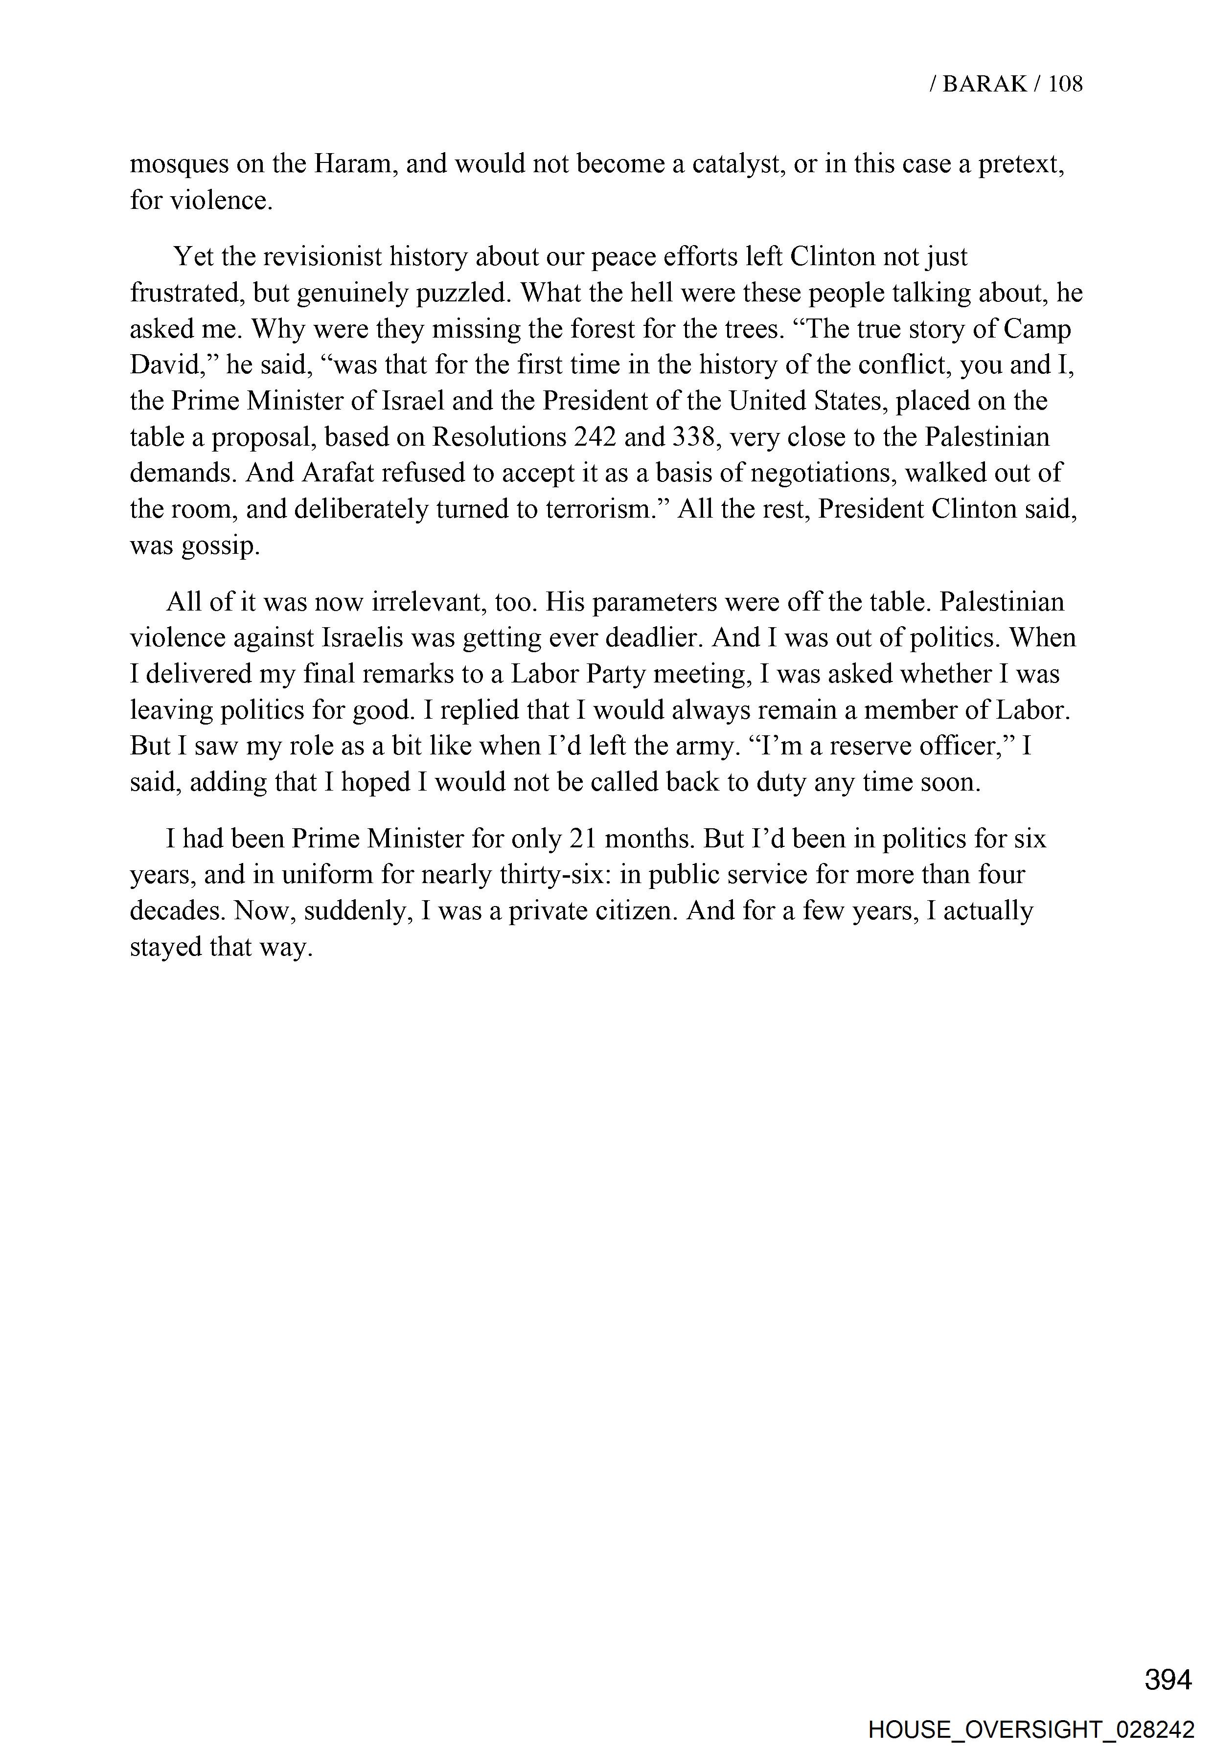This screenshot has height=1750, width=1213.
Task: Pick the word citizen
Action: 629,910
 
